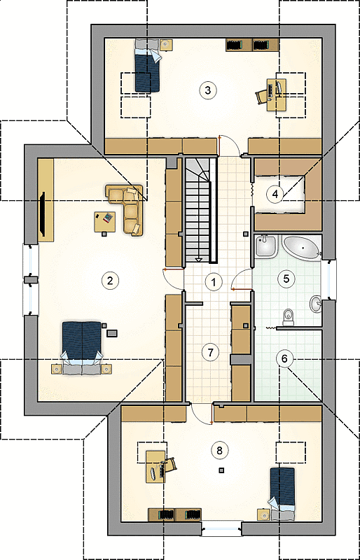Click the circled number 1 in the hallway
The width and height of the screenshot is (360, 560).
click(214, 283)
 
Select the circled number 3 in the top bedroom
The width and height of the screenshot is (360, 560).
click(208, 90)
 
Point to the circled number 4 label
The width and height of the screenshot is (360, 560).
click(275, 194)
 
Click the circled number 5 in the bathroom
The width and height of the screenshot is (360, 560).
click(286, 279)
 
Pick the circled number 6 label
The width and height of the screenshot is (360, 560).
click(284, 358)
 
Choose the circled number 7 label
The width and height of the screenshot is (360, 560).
click(210, 352)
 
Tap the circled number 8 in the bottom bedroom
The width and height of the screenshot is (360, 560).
click(219, 450)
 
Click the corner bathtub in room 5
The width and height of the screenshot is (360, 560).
click(303, 247)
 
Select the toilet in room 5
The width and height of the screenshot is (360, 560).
click(288, 317)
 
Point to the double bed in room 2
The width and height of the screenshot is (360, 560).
click(82, 347)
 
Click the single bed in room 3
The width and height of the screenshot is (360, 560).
click(147, 65)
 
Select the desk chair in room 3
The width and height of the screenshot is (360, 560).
click(261, 97)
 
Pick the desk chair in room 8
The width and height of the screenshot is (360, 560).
click(170, 464)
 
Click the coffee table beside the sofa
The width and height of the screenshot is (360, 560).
click(105, 222)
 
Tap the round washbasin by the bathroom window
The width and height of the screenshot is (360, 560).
click(316, 304)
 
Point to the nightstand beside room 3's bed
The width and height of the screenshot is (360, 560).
click(165, 45)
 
